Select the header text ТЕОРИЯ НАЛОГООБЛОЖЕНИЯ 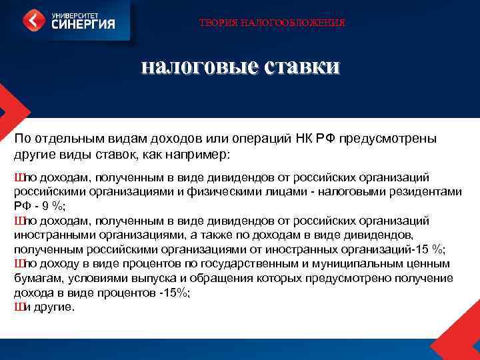273,23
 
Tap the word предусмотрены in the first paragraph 388,139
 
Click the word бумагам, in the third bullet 33,279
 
